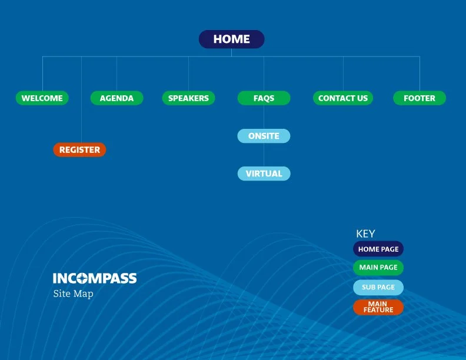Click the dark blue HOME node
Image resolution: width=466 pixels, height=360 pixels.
(x=231, y=39)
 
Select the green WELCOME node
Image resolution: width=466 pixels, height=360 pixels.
(x=42, y=98)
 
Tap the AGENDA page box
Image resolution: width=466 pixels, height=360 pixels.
(x=116, y=98)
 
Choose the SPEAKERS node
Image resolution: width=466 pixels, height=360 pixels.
(x=188, y=98)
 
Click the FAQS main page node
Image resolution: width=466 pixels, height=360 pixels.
(x=264, y=98)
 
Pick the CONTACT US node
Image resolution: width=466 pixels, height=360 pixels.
(x=343, y=98)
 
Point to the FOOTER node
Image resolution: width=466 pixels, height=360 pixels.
(x=420, y=98)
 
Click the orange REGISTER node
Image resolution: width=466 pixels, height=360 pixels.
(x=79, y=150)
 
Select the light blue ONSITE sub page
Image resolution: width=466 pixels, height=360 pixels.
(x=264, y=136)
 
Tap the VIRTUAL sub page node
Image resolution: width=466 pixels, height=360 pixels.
(x=264, y=174)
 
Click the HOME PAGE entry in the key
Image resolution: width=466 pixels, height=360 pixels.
(x=378, y=249)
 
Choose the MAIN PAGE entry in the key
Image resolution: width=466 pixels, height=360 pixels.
(x=378, y=268)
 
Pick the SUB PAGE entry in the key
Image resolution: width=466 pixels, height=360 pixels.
(x=378, y=287)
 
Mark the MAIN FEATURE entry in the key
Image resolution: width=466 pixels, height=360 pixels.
(x=378, y=307)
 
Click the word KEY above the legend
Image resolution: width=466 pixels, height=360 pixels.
(x=365, y=234)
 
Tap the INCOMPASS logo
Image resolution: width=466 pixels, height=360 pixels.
(x=95, y=278)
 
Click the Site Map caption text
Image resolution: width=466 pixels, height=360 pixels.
(x=73, y=294)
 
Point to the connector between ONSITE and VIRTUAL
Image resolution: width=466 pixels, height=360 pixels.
(x=264, y=155)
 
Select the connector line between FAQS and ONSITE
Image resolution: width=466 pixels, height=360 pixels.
(x=264, y=117)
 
